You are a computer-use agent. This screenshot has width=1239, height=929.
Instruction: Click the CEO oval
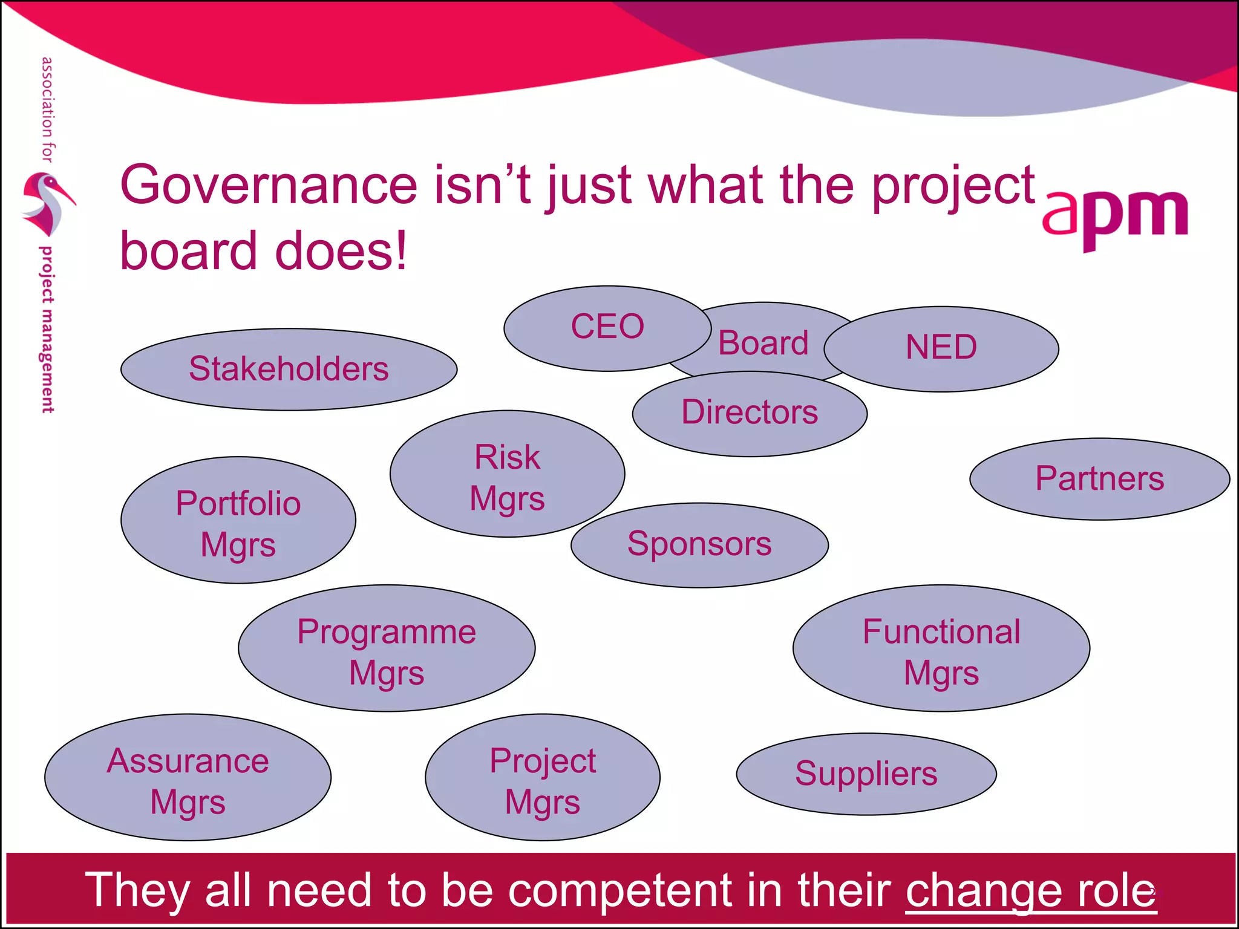coord(607,327)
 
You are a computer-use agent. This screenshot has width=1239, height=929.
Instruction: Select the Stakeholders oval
coord(289,369)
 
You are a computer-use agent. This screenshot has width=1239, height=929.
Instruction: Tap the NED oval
coord(941,348)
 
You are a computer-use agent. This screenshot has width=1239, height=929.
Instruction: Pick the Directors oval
coord(750,413)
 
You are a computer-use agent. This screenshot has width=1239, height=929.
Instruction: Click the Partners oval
coord(1099,478)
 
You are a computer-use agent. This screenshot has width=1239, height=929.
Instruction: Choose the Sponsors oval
coord(699,544)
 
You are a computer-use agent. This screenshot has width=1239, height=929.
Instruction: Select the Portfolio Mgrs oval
coord(238,521)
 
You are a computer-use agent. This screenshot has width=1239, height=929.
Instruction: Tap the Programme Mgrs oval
coord(387,648)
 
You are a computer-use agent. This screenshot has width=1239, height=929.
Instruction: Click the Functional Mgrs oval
coord(941,648)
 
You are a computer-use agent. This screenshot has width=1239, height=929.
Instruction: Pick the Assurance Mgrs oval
coord(188,778)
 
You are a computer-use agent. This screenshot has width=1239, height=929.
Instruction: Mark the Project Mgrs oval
coord(543,778)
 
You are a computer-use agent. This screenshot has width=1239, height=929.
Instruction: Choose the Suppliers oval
coord(866,774)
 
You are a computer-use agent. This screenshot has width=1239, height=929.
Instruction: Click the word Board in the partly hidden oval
coord(763,344)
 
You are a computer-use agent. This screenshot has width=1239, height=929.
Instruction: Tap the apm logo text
coord(1114,216)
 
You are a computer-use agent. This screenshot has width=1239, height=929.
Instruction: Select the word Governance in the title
coord(269,185)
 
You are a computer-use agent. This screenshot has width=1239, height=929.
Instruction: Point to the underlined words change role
coord(1030,890)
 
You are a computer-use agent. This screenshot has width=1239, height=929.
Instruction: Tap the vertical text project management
coord(47,330)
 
